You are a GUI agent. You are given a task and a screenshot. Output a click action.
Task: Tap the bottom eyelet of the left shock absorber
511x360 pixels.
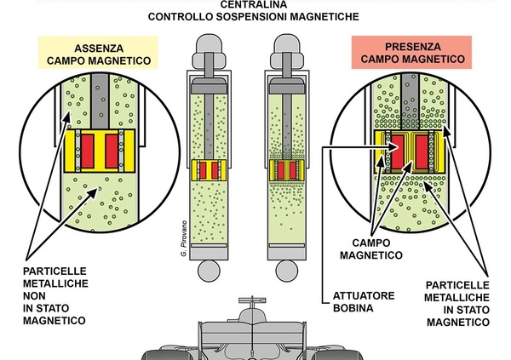(210, 271)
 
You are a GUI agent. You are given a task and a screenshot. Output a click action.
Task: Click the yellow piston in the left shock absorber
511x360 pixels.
(210, 169)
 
